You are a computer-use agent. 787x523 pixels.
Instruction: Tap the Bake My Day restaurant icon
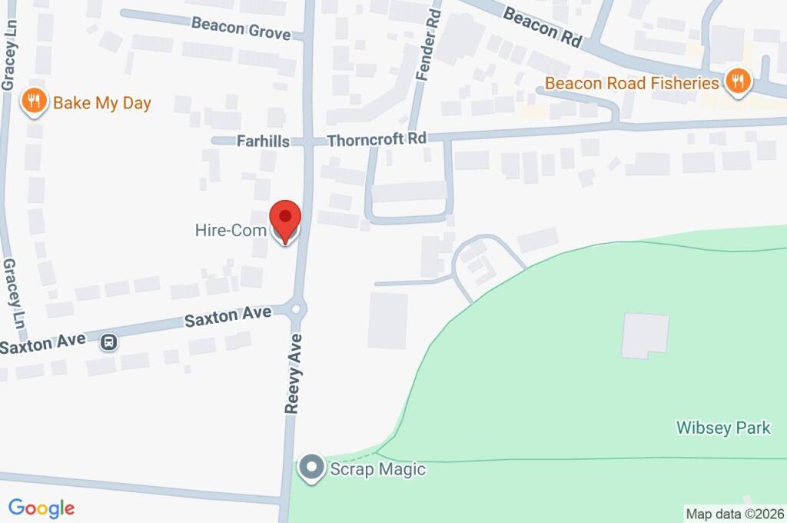click(34, 102)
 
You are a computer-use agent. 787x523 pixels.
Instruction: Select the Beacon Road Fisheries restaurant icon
click(737, 82)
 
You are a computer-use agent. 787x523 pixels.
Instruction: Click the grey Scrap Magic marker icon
click(311, 468)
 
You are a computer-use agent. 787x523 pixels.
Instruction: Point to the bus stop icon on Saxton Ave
click(109, 342)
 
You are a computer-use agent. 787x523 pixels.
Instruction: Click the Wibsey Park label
click(722, 428)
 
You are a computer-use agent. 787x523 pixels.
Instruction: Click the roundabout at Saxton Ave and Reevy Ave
click(296, 309)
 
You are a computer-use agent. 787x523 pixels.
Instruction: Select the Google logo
click(41, 508)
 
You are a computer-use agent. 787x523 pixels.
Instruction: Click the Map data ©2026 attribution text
click(734, 514)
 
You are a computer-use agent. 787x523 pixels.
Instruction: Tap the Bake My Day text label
click(101, 102)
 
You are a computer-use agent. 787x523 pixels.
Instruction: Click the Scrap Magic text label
click(377, 468)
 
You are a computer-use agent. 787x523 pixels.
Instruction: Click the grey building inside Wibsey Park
click(644, 335)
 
